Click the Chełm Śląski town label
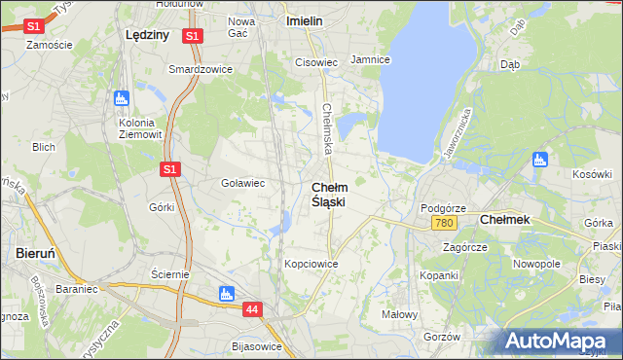[328, 193]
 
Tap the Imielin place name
[305, 19]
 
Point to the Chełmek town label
[505, 220]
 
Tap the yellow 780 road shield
[443, 224]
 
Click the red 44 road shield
[253, 308]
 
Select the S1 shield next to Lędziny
[193, 36]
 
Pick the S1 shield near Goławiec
[170, 169]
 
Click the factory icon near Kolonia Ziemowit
[122, 98]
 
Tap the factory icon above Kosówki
[541, 160]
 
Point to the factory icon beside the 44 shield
[227, 293]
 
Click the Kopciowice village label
[311, 264]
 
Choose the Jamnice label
[370, 59]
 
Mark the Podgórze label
[443, 208]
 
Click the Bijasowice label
[257, 346]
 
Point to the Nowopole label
[537, 264]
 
